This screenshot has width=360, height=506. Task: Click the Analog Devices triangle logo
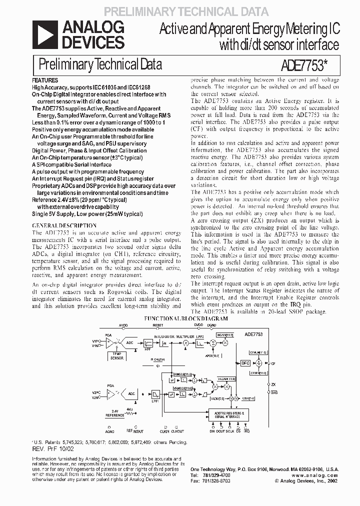pos(42,35)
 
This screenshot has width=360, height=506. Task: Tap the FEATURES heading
pos(45,80)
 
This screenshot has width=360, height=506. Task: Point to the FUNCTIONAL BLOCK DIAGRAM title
pos(186,318)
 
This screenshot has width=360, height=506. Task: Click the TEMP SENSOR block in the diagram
pos(116,356)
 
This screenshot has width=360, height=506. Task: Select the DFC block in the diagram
pos(245,363)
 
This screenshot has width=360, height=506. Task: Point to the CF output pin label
pos(273,364)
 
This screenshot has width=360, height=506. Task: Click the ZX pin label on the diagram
pos(273,384)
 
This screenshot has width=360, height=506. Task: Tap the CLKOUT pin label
pos(177,430)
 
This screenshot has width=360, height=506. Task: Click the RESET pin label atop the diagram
pos(158,324)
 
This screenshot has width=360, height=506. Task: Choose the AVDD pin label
pos(123,324)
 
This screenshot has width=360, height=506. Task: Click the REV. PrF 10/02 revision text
pos(51,448)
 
